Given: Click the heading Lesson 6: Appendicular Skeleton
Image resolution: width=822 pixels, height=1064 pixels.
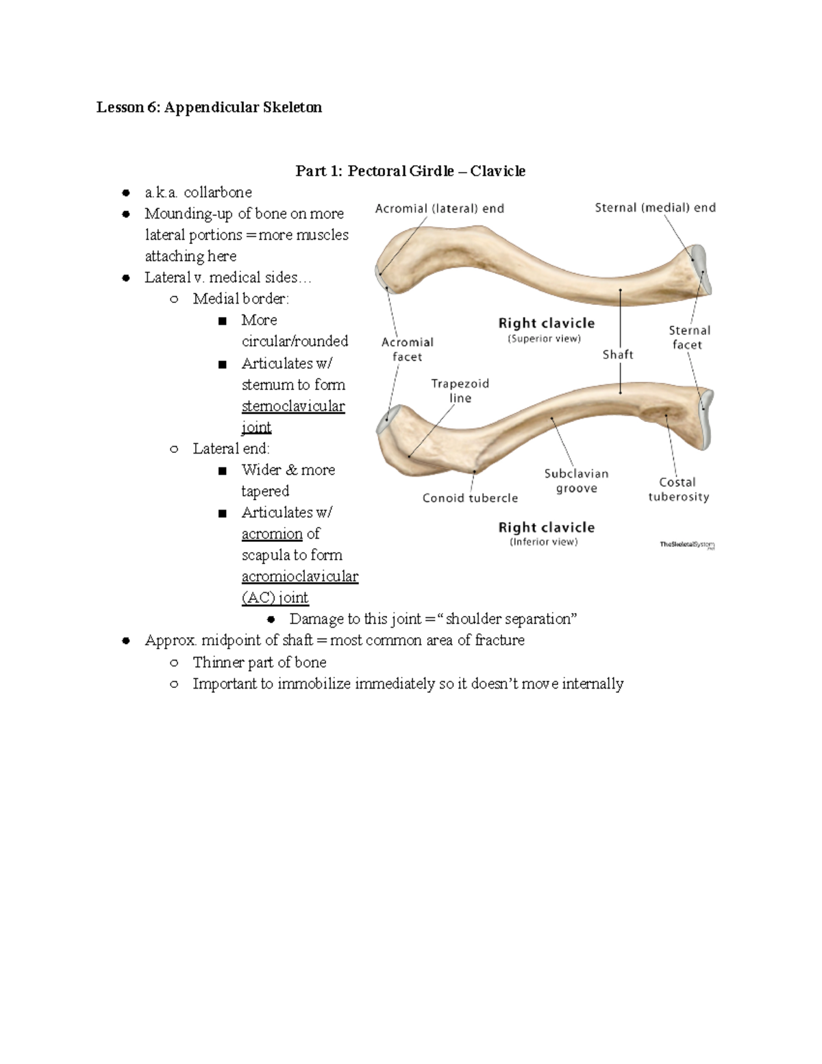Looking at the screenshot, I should [209, 108].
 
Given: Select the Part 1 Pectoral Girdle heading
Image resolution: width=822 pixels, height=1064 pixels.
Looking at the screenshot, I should [410, 171].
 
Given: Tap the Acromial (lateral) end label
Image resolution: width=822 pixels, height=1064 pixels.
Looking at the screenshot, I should [439, 209].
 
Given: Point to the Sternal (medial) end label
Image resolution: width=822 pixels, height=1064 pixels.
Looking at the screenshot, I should [655, 208].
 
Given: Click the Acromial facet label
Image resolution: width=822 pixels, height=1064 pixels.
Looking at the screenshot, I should [408, 349].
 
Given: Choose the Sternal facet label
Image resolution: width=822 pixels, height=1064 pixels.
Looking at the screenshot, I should [689, 337].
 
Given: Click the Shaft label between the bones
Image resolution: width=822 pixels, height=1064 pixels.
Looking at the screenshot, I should [618, 354].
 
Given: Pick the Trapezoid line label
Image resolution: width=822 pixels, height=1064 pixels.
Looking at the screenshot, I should [460, 391].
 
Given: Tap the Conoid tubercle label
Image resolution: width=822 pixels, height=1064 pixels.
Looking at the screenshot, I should [470, 498].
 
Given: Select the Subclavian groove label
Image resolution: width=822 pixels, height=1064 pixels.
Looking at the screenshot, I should [576, 481].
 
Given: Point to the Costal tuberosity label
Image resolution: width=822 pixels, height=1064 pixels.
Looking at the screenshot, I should [678, 489].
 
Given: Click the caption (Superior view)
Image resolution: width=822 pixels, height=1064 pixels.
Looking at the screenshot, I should [544, 338].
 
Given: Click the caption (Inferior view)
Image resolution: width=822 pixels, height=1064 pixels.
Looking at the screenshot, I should [544, 542].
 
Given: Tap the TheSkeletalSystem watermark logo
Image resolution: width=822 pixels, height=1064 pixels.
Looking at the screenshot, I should [686, 545].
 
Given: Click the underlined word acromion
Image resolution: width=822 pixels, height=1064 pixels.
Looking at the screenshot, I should [272, 534].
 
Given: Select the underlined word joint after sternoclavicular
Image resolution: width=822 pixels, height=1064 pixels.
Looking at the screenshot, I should [256, 428].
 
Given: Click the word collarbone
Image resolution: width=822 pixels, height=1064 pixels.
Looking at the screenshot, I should [218, 193].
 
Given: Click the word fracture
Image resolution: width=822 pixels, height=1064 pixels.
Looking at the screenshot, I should [499, 641].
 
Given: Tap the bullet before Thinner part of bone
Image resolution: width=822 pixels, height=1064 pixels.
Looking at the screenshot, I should [174, 663].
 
